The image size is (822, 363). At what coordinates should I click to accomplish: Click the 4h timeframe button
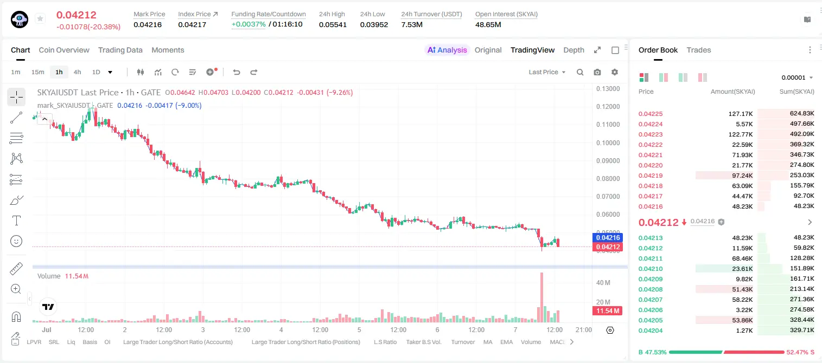tap(77, 72)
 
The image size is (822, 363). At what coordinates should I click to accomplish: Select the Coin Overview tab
tap(64, 50)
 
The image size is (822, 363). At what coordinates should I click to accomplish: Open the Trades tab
tap(698, 50)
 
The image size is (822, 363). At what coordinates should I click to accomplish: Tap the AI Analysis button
tap(447, 50)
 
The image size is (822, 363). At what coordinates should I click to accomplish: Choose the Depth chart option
tap(574, 50)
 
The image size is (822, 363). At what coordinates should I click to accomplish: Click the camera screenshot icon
tap(597, 72)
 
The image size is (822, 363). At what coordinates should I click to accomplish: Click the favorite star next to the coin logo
tap(40, 18)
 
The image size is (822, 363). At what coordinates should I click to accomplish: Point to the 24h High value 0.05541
tap(333, 24)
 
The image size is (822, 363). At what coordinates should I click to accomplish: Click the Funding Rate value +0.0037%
tap(248, 24)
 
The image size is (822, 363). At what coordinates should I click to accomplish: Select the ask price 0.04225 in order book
tap(650, 114)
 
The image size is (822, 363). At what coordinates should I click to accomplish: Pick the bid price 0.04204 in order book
tap(650, 330)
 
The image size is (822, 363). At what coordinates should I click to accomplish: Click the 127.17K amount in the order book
tap(740, 114)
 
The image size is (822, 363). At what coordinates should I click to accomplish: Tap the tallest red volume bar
tap(541, 297)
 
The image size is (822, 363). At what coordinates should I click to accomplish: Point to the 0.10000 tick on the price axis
tap(608, 143)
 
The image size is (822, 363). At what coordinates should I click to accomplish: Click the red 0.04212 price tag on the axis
tap(608, 247)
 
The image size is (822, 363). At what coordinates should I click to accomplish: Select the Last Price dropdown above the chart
tap(547, 72)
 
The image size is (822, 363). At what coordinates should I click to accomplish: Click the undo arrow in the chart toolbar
tap(237, 72)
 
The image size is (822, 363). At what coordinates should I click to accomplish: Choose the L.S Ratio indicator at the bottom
tap(385, 342)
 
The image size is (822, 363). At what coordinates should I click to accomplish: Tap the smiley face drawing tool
tap(16, 241)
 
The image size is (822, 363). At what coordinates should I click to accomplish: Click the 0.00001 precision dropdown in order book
tap(797, 77)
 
